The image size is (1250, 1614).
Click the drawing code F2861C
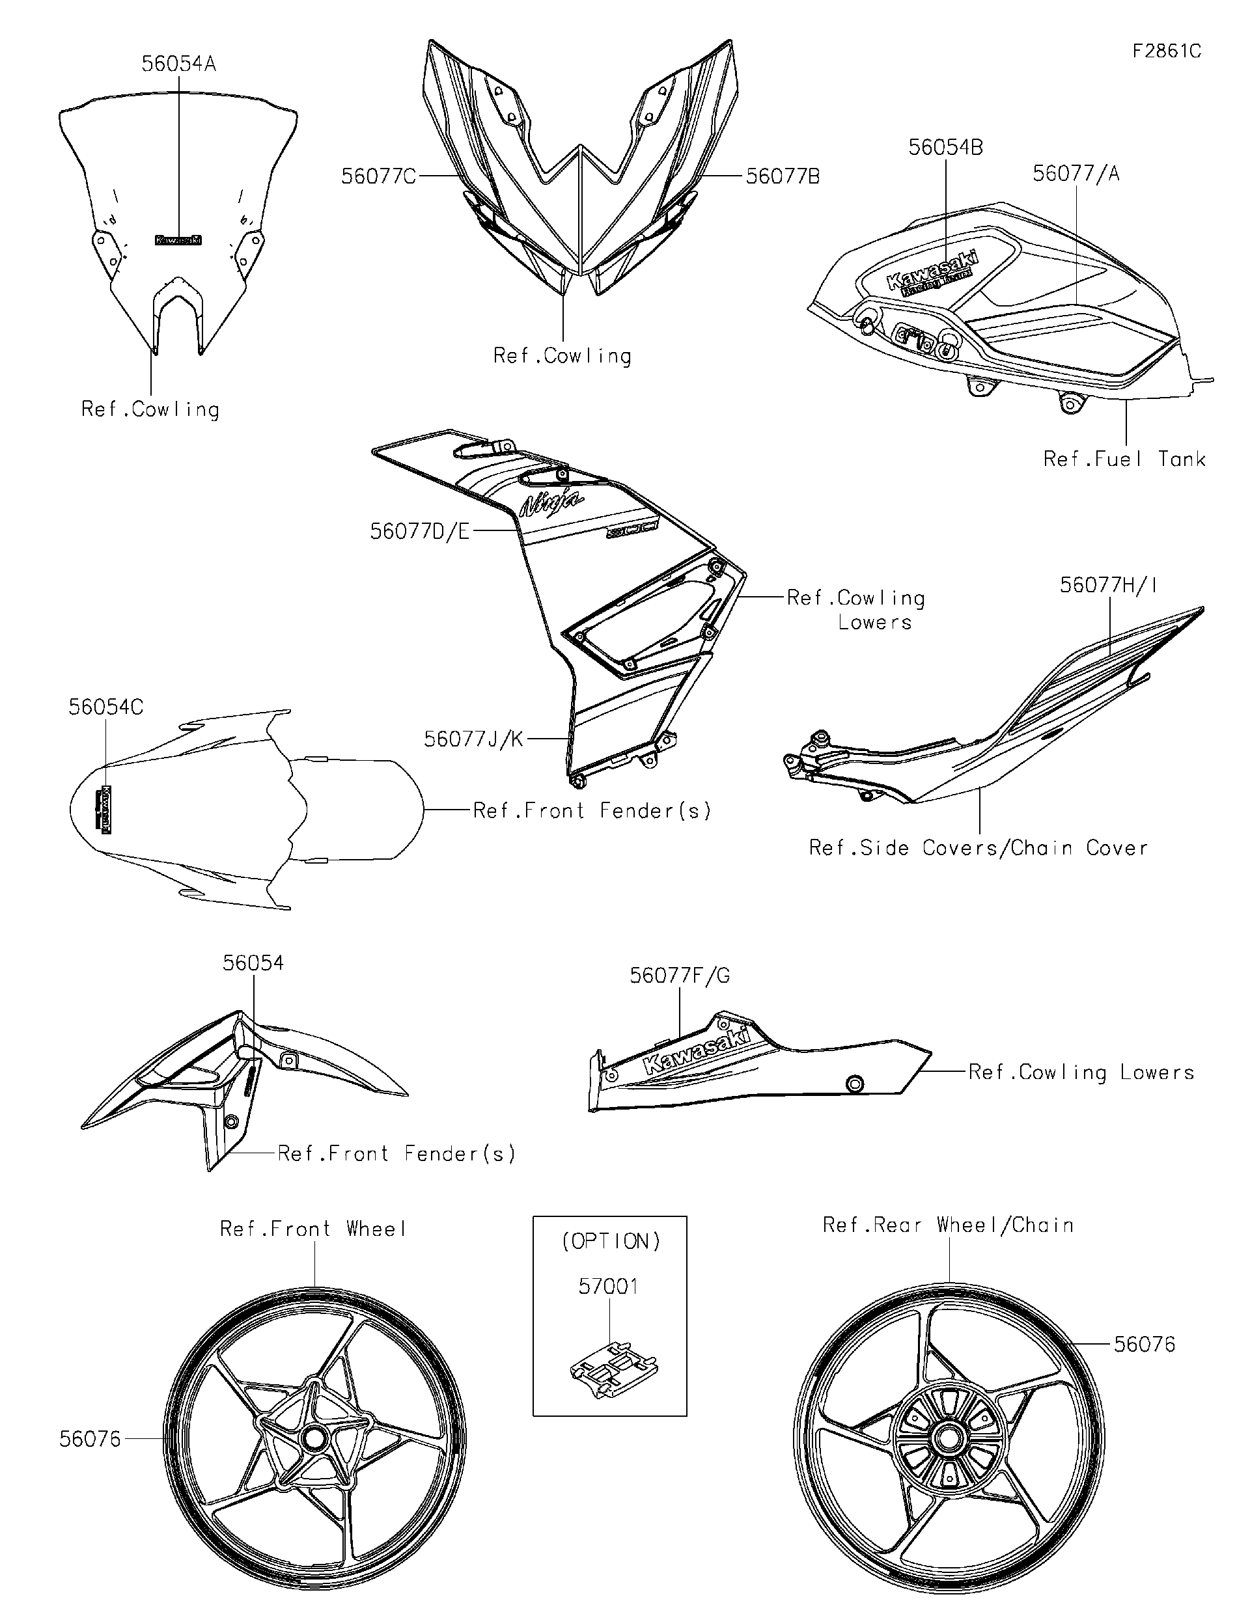point(1166,51)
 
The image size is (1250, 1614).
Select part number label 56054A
point(178,64)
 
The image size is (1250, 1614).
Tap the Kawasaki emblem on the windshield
point(178,239)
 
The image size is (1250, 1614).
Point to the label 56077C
point(378,176)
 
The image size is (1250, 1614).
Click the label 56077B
point(782,176)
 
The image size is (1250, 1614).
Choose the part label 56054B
point(945,148)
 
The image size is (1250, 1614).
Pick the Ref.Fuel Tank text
point(1124,459)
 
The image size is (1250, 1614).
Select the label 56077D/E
point(419,531)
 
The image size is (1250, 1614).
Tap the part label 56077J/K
point(473,739)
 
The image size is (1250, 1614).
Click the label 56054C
point(105,707)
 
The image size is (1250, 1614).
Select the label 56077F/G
point(678,976)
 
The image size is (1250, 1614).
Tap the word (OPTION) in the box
point(611,1242)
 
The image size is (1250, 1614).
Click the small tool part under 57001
point(613,1373)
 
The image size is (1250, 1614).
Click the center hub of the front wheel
point(313,1438)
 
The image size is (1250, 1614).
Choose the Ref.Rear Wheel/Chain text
point(948,1225)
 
